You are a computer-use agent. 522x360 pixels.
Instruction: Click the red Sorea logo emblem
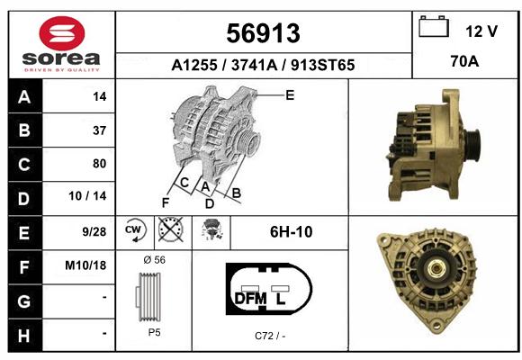pos(62,33)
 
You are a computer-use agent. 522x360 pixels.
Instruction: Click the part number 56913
pos(263,33)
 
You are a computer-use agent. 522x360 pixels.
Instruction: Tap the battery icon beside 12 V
pos(434,26)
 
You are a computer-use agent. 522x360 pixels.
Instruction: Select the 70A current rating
pos(464,61)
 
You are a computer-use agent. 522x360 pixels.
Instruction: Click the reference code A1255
pos(194,65)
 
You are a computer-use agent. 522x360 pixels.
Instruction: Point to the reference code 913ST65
pos(322,65)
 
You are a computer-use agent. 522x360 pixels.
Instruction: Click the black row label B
pos(24,130)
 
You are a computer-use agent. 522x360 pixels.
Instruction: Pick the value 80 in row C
pos(100,164)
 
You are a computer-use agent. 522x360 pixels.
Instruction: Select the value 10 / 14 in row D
pos(87,196)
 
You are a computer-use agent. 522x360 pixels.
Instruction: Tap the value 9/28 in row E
pos(94,231)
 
